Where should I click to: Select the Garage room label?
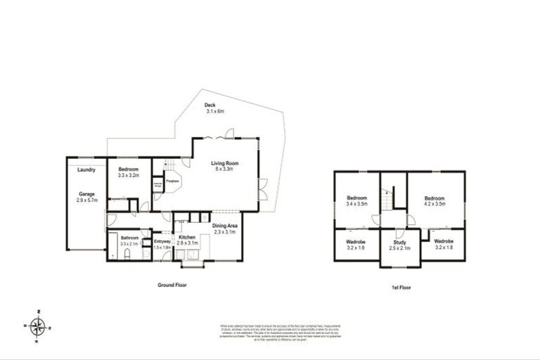tap(87, 194)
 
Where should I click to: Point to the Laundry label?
tap(87, 169)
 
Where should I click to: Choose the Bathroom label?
tap(129, 238)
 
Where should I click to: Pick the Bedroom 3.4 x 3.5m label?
tap(356, 198)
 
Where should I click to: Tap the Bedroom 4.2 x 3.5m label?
tap(435, 198)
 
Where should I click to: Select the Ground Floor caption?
tap(172, 285)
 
